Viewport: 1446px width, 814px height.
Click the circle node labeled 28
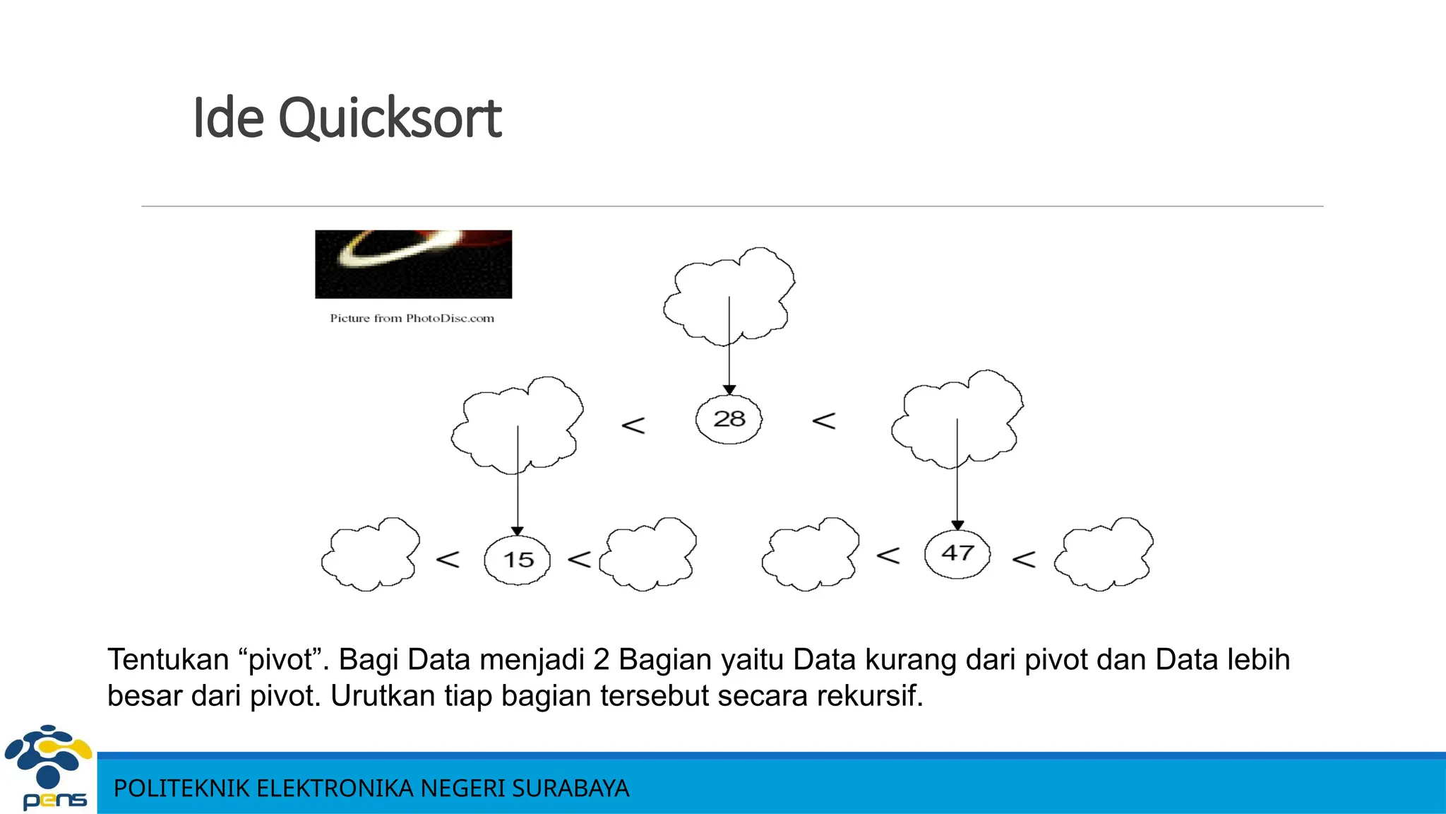[729, 419]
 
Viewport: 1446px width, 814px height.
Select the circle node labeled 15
[518, 560]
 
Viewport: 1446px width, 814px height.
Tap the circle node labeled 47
[957, 553]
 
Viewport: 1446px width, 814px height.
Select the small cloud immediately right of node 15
[648, 555]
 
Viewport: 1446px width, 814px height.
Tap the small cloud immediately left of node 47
[811, 555]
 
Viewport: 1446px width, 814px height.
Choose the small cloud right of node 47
[1104, 555]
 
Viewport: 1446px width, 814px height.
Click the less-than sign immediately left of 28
[633, 425]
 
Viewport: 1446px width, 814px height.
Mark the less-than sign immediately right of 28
[824, 421]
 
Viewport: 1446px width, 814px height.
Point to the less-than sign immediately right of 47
[1024, 560]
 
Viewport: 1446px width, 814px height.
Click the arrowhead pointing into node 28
[729, 390]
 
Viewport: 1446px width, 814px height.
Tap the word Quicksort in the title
[390, 118]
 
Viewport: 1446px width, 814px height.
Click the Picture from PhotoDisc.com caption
[412, 319]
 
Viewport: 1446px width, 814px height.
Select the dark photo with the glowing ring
[413, 264]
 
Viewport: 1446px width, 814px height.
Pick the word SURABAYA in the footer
[570, 789]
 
